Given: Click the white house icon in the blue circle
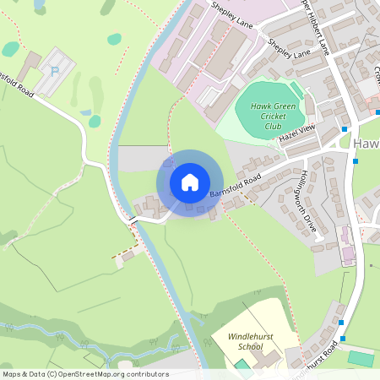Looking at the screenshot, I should coord(189,182).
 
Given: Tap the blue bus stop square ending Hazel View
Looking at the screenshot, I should coord(345,128).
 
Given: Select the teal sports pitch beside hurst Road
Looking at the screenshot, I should coord(361,359).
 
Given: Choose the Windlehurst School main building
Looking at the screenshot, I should coord(267,358).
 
